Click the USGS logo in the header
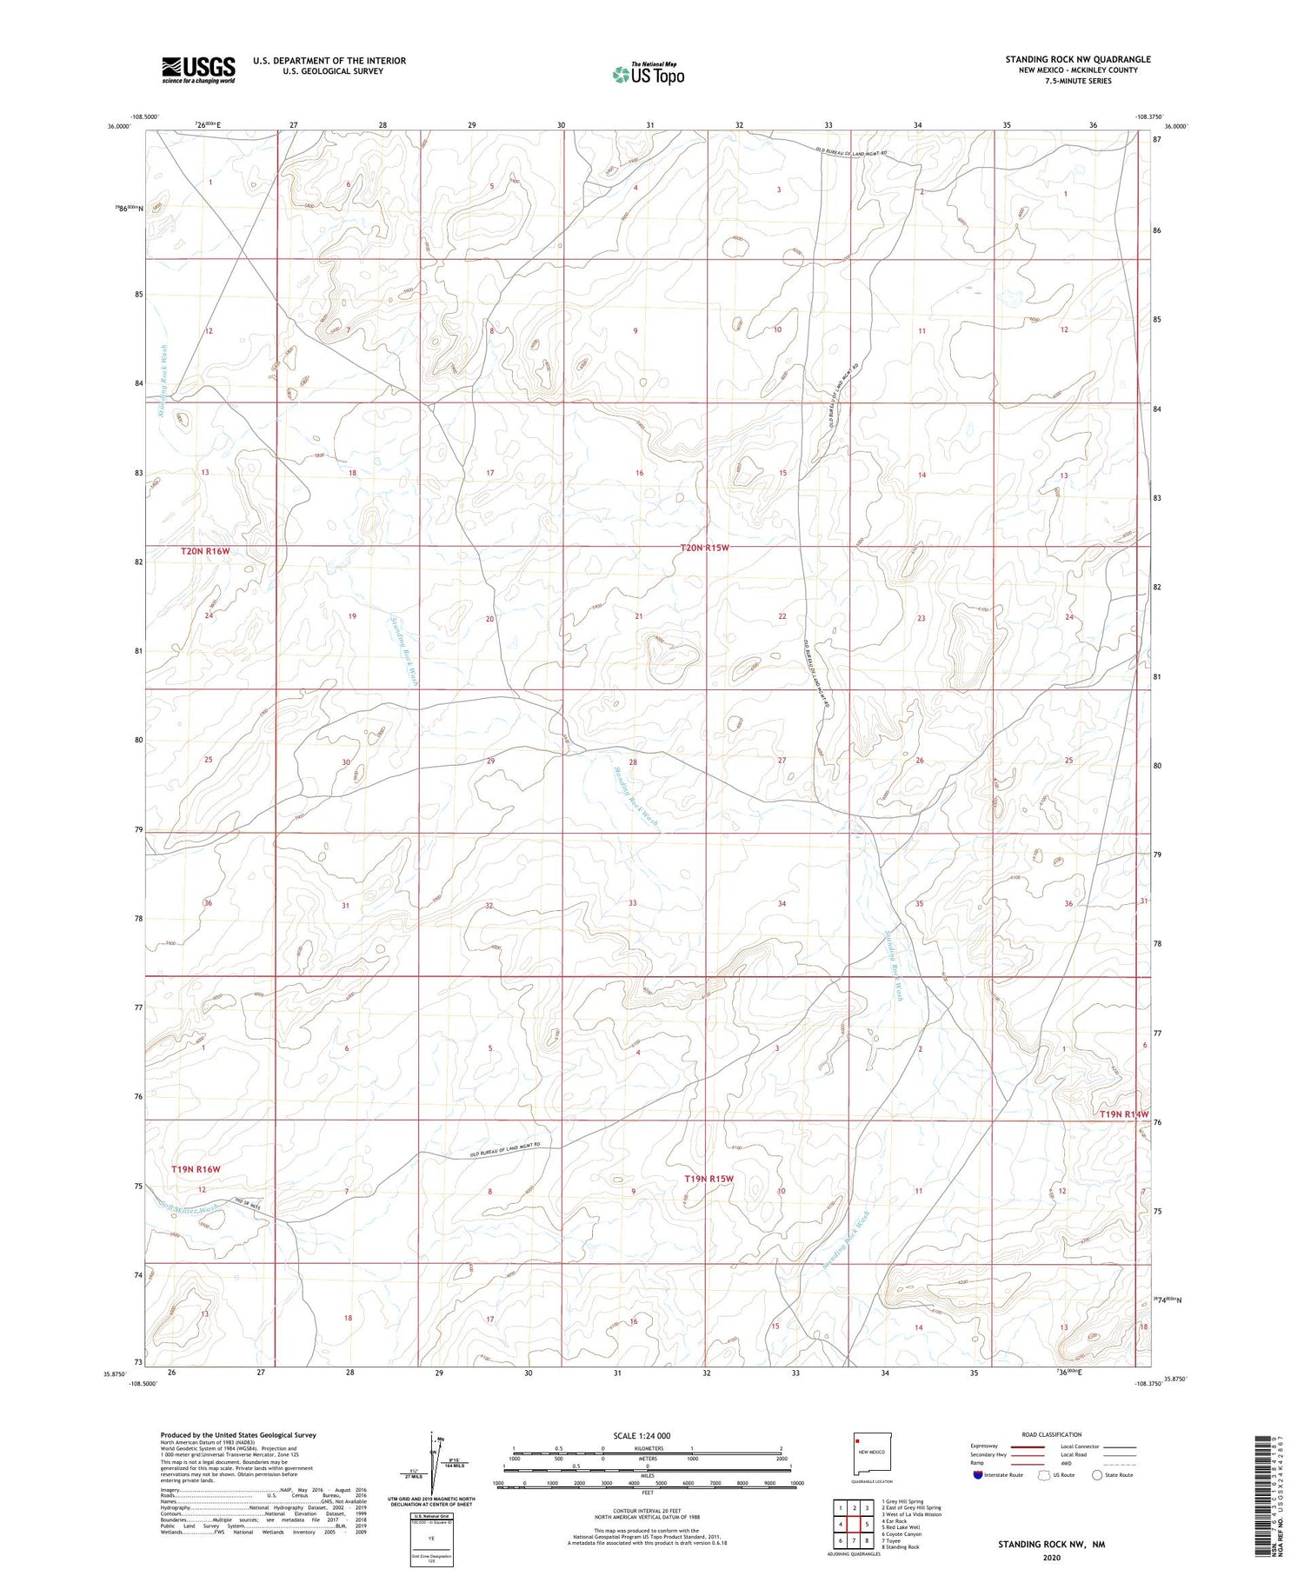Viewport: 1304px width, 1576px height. [x=197, y=70]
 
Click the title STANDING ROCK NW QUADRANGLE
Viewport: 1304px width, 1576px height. [x=1078, y=59]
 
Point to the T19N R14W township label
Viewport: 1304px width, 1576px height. [x=1124, y=1114]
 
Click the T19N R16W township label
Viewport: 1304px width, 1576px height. [x=196, y=1169]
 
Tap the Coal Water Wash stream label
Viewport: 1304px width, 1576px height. [x=189, y=1208]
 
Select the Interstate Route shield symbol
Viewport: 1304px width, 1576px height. [x=978, y=1474]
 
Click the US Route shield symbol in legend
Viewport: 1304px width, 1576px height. [x=1044, y=1474]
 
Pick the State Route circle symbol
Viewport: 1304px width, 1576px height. [x=1097, y=1474]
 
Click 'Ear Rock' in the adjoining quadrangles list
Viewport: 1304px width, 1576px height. [x=895, y=1520]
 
